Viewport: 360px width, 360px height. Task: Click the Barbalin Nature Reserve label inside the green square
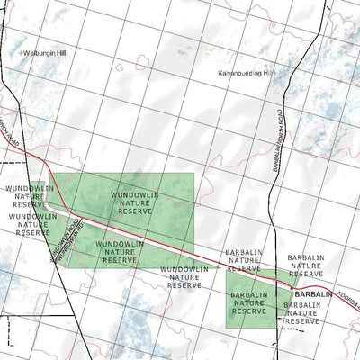tap(249, 302)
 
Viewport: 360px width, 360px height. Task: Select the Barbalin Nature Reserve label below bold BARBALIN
tap(302, 312)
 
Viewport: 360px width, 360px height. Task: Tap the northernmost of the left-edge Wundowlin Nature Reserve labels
tap(25, 196)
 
